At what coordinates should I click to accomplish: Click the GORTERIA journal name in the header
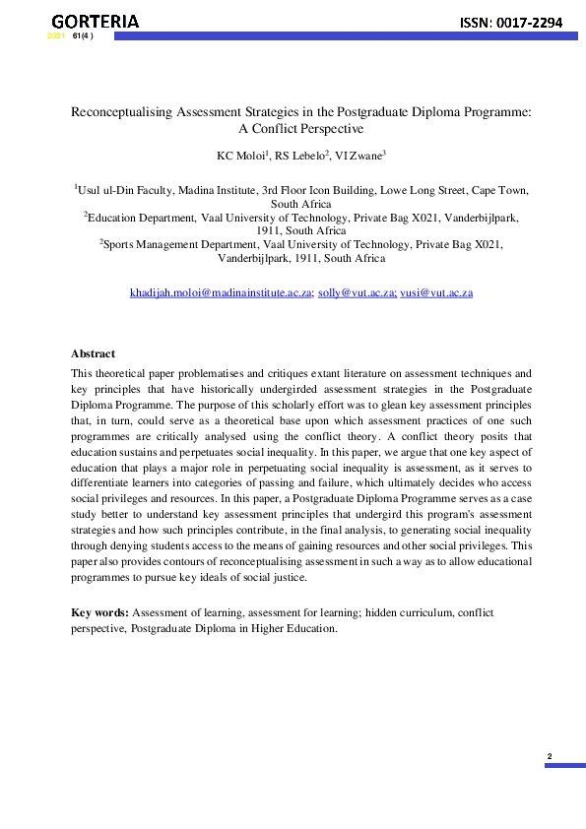[95, 21]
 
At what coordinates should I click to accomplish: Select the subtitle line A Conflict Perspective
[301, 129]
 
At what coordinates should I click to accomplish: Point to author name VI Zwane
[358, 156]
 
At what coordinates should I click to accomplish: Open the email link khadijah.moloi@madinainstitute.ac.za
[221, 292]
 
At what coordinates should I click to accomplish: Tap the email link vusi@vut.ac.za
[436, 292]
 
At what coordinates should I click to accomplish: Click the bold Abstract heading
[93, 353]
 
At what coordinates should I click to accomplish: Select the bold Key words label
[99, 612]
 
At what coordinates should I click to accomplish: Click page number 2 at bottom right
[550, 756]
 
